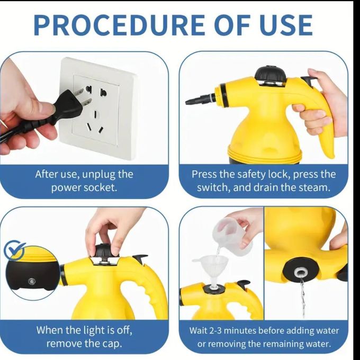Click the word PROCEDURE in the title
[x=119, y=25]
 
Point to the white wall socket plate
[x=96, y=108]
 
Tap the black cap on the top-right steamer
[x=270, y=74]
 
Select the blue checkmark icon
[x=14, y=249]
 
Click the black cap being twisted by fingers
[x=104, y=251]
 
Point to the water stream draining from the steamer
[x=303, y=296]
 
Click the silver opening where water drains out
[x=300, y=272]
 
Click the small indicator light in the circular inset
[x=31, y=281]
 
